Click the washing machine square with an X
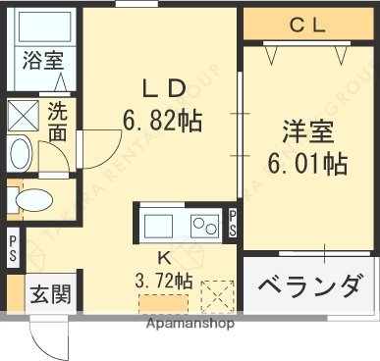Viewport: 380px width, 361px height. pos(21,116)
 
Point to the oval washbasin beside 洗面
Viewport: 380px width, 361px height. pos(20,156)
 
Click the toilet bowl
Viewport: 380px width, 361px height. pos(33,200)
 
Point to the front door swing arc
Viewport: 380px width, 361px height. pos(49,338)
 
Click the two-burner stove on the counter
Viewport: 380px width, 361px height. pos(205,226)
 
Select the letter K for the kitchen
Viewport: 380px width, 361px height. pos(165,257)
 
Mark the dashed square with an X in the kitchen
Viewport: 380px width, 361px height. pos(218,294)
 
